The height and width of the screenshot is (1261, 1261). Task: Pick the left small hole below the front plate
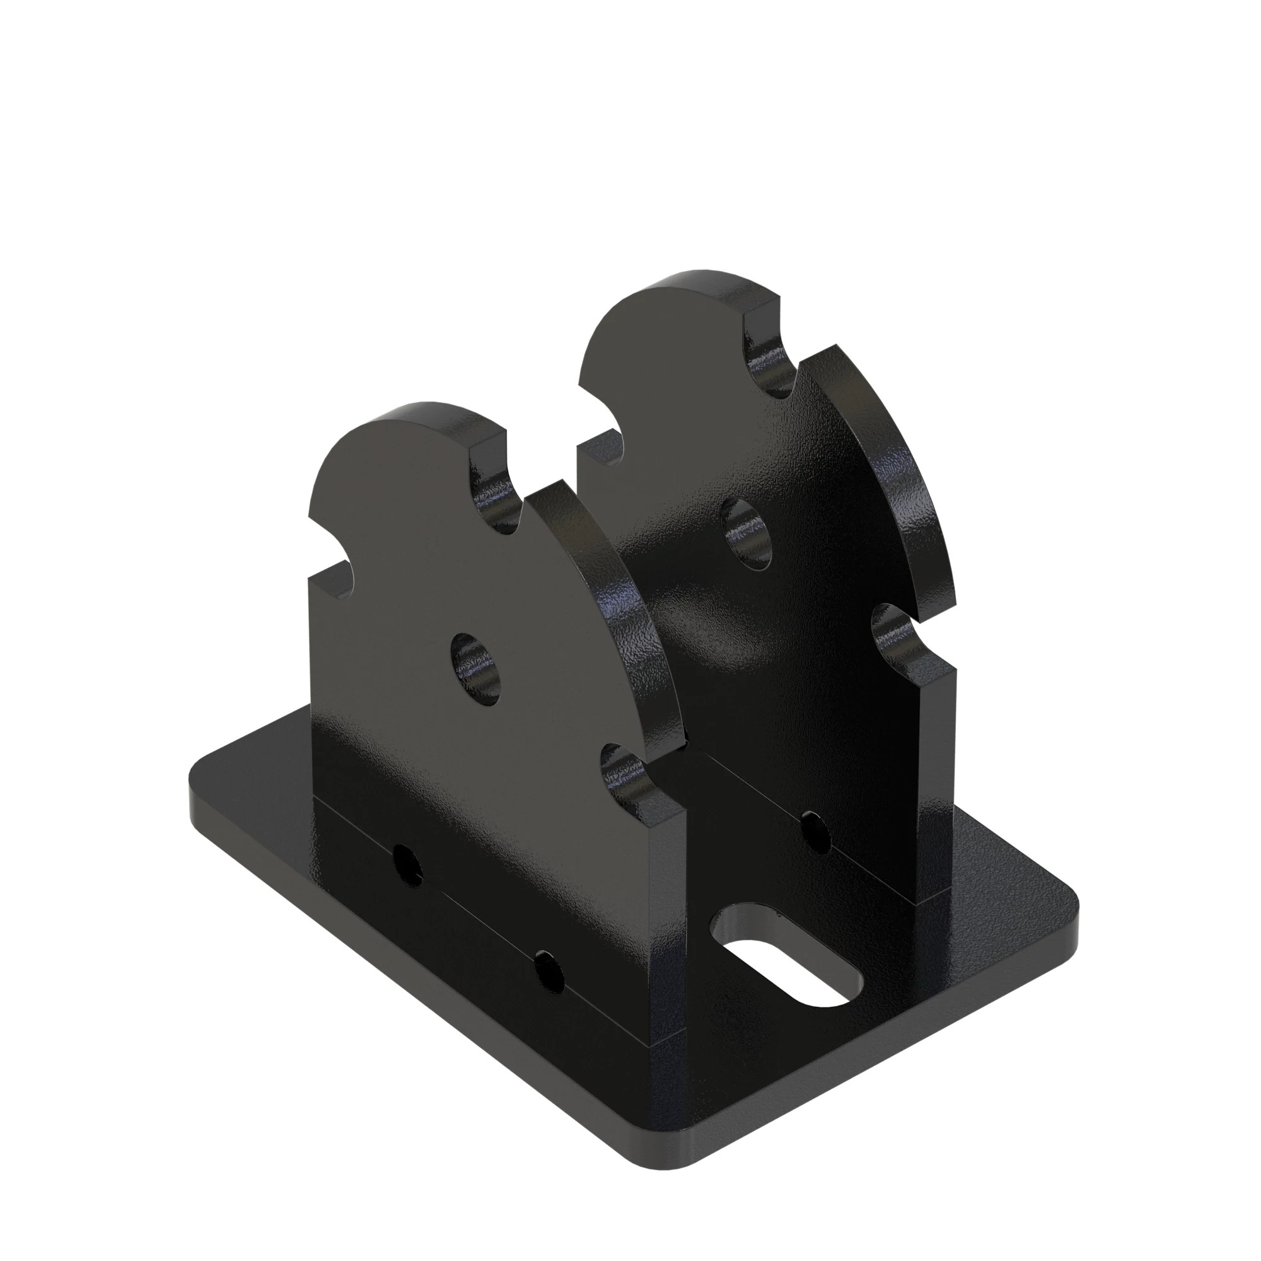coord(409,866)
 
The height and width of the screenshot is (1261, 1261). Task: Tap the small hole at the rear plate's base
coord(815,832)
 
